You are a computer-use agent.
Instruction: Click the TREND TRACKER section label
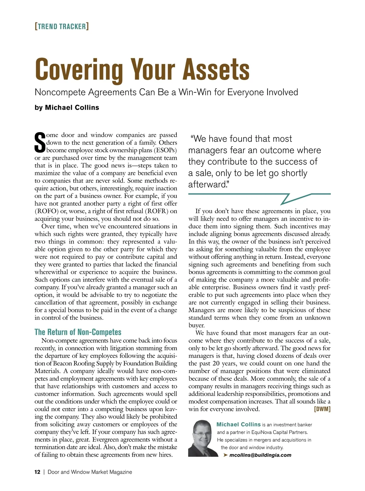62,26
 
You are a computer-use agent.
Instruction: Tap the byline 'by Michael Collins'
67,107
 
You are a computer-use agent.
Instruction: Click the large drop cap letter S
40,142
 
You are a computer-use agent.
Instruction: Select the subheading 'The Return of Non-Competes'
78,332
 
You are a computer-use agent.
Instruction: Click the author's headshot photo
200,438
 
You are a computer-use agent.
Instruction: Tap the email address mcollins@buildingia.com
260,455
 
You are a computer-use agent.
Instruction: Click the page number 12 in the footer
37,472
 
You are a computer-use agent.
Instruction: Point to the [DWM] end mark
322,409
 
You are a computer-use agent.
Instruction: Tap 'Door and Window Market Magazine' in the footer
90,472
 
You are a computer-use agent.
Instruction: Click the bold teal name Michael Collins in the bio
238,424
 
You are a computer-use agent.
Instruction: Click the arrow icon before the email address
225,455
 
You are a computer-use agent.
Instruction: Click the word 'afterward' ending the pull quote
207,184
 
